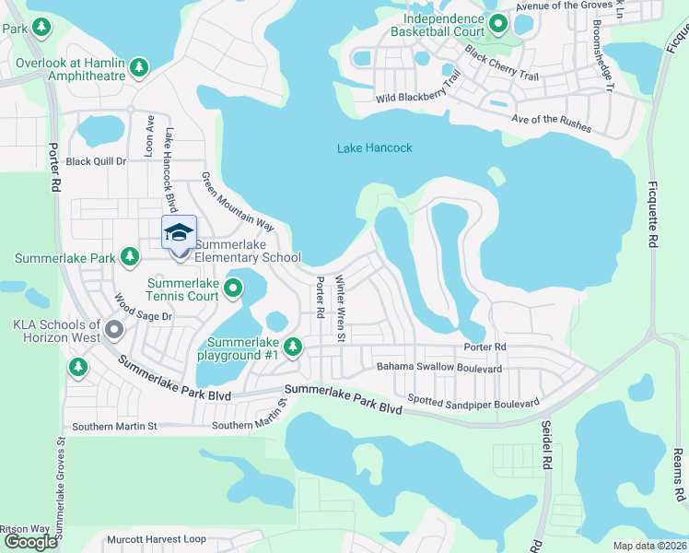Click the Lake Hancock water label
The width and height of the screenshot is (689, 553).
(x=374, y=147)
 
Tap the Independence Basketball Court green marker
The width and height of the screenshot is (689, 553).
(x=498, y=24)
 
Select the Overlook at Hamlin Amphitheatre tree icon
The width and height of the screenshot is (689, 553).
(x=139, y=66)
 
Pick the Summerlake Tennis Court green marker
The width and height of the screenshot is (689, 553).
(x=233, y=289)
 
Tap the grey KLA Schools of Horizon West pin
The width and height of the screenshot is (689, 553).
(x=114, y=329)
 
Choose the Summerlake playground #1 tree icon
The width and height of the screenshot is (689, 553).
(x=293, y=347)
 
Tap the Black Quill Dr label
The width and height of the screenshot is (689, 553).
(x=96, y=161)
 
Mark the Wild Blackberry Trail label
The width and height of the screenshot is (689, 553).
(x=417, y=90)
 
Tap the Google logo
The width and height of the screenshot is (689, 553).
(x=30, y=542)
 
